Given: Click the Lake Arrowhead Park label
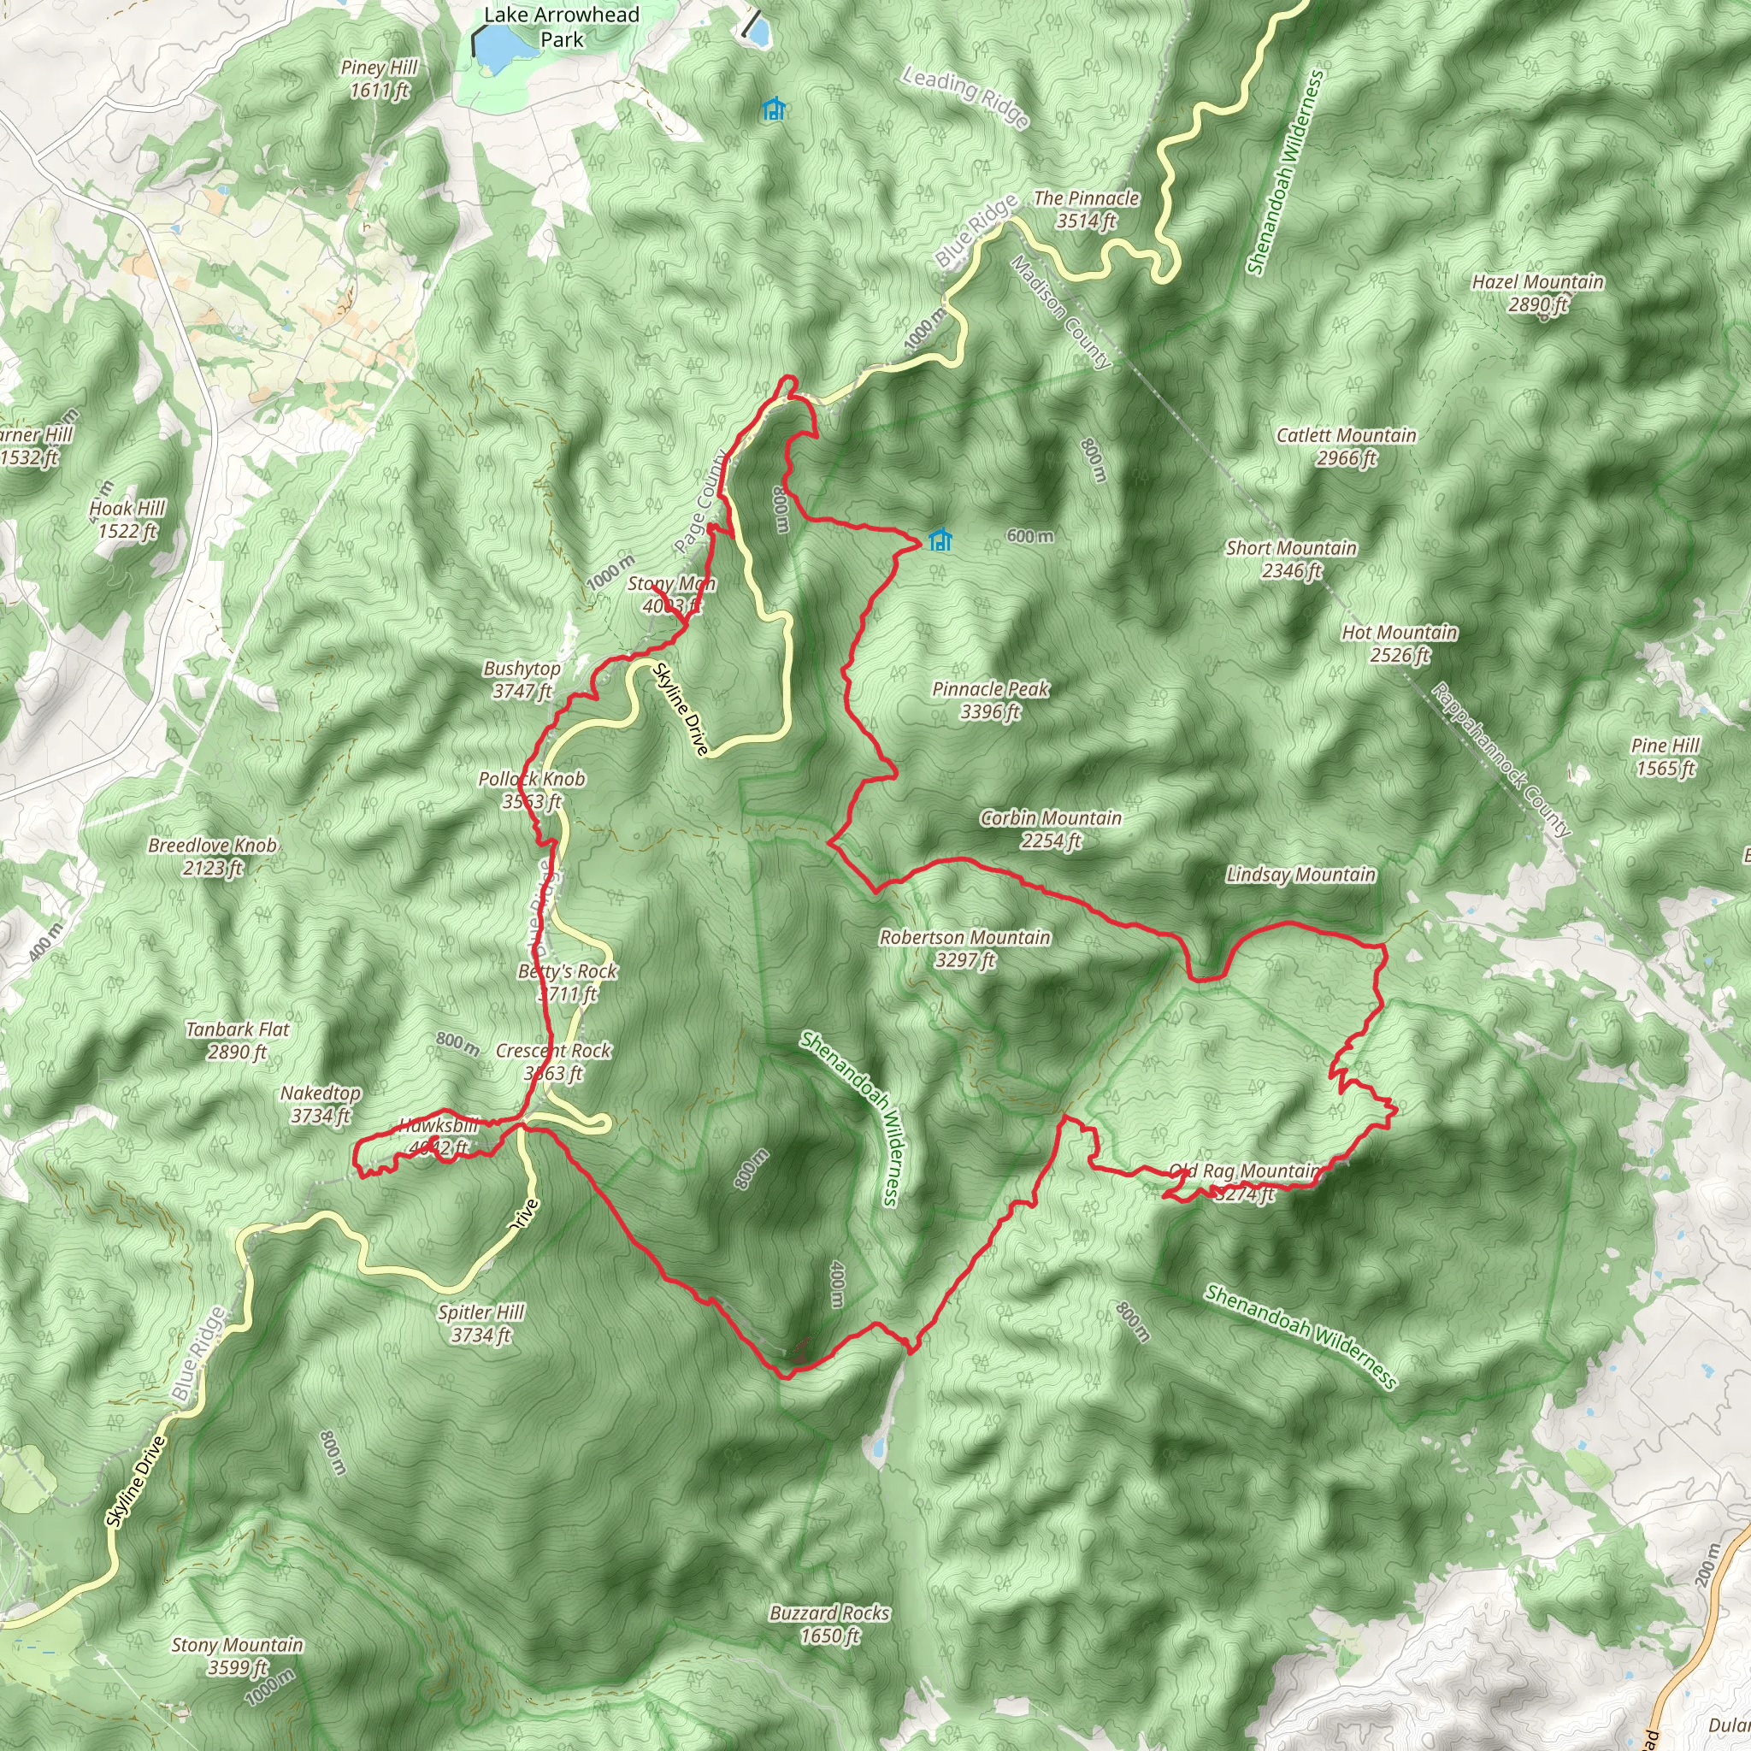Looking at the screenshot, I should [x=562, y=27].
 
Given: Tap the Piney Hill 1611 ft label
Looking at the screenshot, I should [x=379, y=79].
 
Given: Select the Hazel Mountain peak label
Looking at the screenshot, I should [x=1538, y=292].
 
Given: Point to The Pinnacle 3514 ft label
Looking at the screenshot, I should [x=1086, y=209].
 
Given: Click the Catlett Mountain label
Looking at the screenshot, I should [x=1346, y=446].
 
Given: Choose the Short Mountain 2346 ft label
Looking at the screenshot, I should [x=1292, y=558].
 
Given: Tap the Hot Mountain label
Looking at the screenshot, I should [x=1400, y=643].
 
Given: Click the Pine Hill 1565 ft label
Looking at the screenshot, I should [x=1665, y=756].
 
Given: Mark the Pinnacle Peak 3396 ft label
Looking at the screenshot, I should [x=991, y=699].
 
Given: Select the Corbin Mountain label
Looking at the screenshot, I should [x=1052, y=828].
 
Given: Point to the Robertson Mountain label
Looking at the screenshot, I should [x=965, y=948].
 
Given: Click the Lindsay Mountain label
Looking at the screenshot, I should [x=1300, y=875].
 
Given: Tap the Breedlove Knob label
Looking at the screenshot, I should [x=212, y=856].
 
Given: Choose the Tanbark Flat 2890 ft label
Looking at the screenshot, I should [x=238, y=1040].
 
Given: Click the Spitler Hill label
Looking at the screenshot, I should [x=481, y=1323].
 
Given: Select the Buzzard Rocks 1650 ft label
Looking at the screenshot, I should [x=829, y=1624].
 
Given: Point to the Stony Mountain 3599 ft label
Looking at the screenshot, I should [x=238, y=1655].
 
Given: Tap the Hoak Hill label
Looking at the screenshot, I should [x=127, y=519].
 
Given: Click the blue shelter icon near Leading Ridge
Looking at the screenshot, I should [x=772, y=109].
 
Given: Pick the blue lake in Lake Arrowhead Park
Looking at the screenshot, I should [x=495, y=50].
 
